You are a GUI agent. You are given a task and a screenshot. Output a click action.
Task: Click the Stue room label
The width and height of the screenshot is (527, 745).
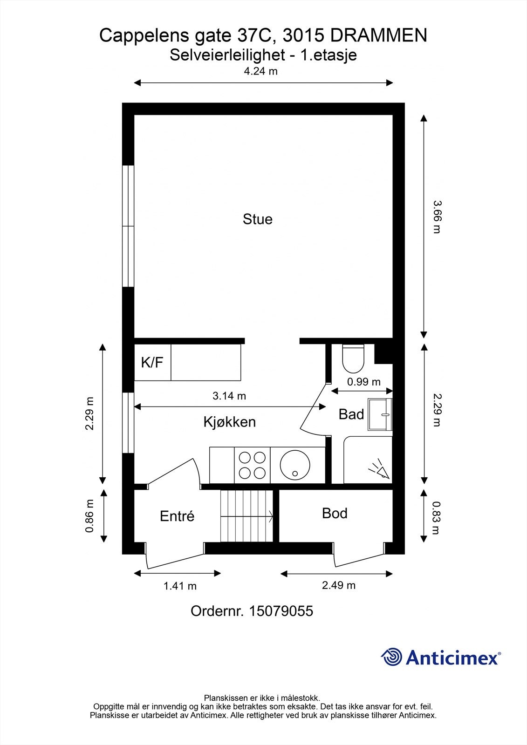coord(257,219)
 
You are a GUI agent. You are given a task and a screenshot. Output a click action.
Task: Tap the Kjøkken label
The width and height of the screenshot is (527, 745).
coord(229,422)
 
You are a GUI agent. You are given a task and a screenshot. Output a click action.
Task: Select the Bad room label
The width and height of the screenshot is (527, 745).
coord(351,414)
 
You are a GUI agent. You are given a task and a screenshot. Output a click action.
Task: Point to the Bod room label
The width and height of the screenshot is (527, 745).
coord(335,514)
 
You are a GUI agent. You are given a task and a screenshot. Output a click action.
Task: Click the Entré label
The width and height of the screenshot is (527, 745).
coord(177,516)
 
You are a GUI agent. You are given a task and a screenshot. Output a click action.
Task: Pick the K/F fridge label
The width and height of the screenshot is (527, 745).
coord(152,362)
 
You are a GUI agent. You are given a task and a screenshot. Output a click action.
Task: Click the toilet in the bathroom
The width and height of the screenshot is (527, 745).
coord(353,359)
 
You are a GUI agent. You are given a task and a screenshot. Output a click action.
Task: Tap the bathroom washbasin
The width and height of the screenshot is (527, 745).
coord(380,414)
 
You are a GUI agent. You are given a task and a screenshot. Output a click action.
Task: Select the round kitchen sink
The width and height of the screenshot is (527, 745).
coord(295,465)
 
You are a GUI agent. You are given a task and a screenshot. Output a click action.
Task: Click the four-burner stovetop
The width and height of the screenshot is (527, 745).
coord(252,465)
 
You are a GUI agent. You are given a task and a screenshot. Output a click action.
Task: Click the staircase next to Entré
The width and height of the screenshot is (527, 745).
coord(246,516)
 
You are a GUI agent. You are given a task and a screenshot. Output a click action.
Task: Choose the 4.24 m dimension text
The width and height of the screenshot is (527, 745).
coord(260,71)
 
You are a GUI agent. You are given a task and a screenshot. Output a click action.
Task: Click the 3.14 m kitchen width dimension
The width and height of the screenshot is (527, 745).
coord(229,396)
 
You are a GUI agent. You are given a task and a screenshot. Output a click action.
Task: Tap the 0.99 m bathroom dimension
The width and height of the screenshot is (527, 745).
coord(363,382)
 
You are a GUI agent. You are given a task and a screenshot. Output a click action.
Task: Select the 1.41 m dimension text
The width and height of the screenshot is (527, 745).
coord(180,586)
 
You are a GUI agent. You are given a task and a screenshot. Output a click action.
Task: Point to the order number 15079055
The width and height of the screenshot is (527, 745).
coord(281,611)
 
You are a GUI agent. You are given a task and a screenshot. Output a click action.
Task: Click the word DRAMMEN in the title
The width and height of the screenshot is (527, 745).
coord(379,35)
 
